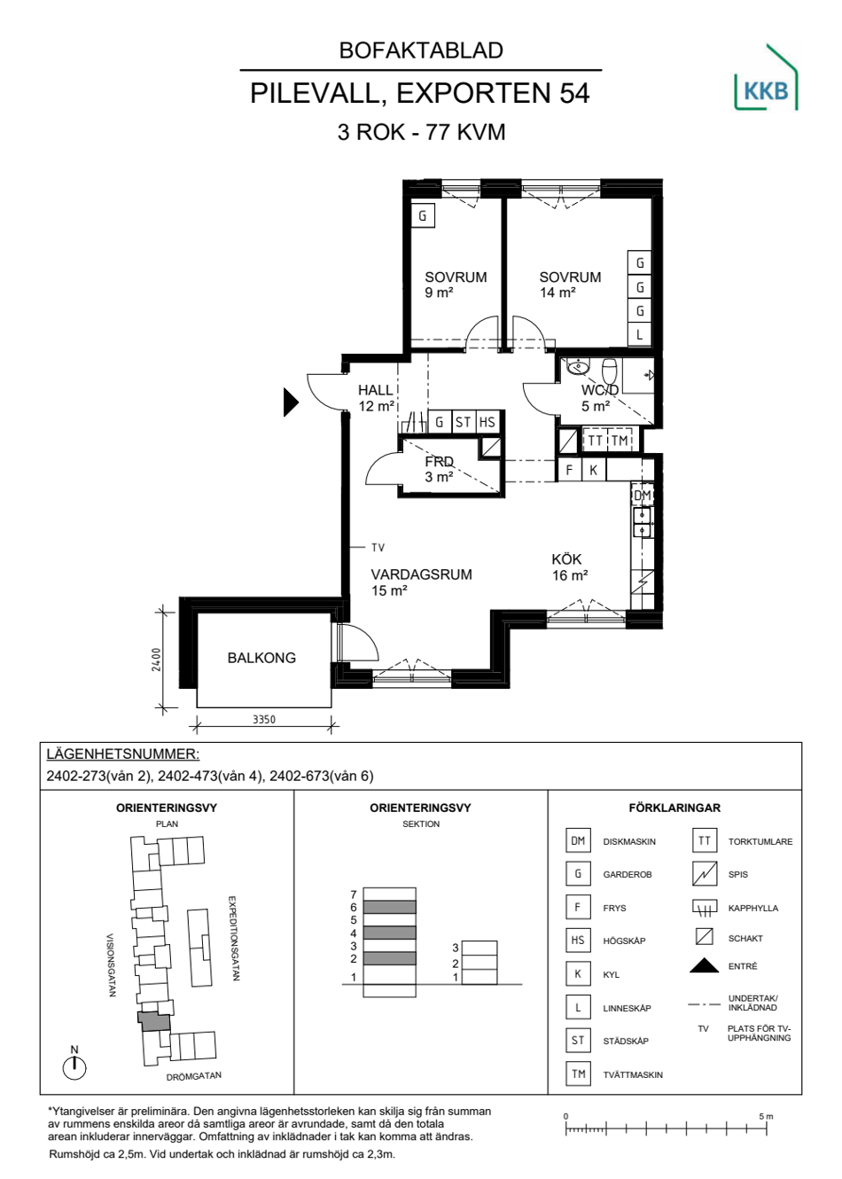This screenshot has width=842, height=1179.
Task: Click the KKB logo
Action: point(766,77)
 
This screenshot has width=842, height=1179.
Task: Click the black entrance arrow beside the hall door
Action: point(291,402)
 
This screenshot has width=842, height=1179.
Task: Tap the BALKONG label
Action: point(261,658)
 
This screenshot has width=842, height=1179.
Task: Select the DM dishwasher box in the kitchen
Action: point(642,495)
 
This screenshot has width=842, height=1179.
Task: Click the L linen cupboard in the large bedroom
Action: point(639,334)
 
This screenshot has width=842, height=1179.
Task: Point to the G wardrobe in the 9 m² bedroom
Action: point(422,215)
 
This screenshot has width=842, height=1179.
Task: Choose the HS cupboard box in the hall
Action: point(487,422)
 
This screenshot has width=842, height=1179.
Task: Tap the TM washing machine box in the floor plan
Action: point(620,440)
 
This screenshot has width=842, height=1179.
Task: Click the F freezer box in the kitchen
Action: point(569,470)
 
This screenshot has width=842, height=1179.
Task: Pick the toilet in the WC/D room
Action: point(609,371)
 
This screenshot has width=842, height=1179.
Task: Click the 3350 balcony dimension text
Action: point(263,719)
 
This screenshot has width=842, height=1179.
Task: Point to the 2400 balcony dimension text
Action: point(156,659)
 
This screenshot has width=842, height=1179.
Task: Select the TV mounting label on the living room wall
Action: point(378,548)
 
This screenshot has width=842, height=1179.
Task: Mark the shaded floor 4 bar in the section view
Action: point(389,933)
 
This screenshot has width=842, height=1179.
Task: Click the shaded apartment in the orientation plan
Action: point(153,1021)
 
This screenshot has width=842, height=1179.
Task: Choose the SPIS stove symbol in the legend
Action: point(704,874)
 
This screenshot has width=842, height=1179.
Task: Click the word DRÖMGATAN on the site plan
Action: point(193,1076)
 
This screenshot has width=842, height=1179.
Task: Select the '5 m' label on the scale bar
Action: point(766,1116)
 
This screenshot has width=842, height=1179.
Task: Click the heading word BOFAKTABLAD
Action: point(421,51)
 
